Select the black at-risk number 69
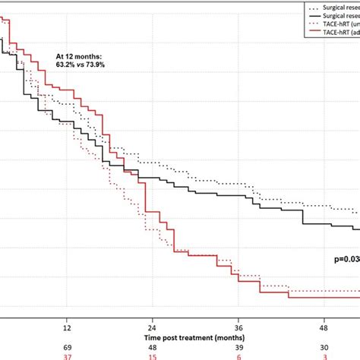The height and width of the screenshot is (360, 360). click(x=67, y=346)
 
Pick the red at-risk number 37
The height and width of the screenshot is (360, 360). click(x=67, y=355)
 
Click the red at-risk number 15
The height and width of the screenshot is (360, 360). click(x=153, y=355)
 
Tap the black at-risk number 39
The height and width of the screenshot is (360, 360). click(x=238, y=346)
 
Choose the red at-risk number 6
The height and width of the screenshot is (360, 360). click(x=238, y=355)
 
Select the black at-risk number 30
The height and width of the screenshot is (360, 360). click(x=324, y=346)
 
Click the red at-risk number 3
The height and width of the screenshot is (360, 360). click(x=324, y=355)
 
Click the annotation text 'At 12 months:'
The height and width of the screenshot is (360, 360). click(x=81, y=56)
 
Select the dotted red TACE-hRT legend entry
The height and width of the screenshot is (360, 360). click(x=334, y=24)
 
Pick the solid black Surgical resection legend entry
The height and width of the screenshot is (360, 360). click(x=334, y=15)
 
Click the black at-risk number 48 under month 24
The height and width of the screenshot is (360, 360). click(x=153, y=346)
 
